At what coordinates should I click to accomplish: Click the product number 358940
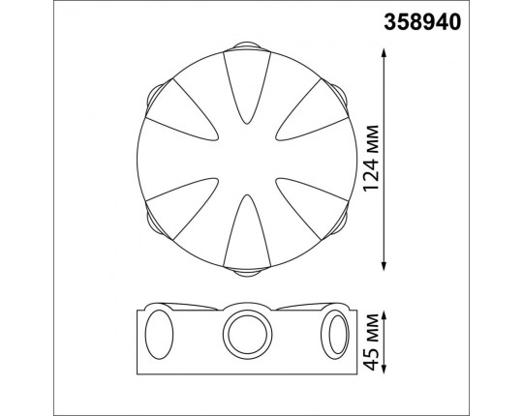(x=422, y=22)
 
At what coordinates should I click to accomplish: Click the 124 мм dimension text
(x=371, y=159)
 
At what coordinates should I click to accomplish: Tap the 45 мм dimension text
(x=371, y=342)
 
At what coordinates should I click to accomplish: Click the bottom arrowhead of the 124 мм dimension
(x=384, y=266)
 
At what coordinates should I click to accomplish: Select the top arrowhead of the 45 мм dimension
(x=384, y=315)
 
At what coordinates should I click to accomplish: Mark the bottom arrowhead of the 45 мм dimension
(x=384, y=369)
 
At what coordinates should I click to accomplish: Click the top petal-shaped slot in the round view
(x=247, y=87)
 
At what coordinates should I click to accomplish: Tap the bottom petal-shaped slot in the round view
(x=247, y=231)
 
